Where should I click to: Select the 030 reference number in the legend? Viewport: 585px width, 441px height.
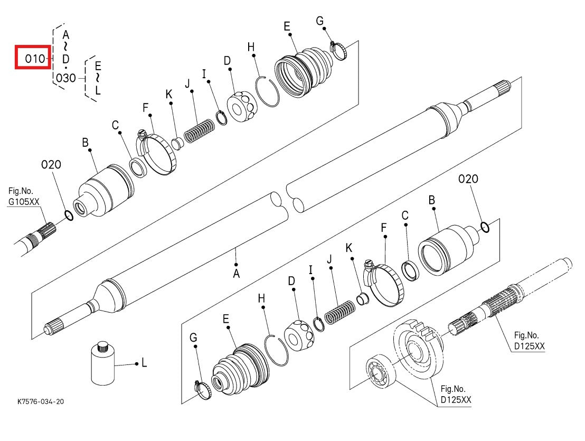point(65,78)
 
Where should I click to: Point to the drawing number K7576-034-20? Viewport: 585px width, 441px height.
point(41,401)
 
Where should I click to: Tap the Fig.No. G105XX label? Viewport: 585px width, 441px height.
point(23,196)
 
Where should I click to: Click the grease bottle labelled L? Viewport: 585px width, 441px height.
point(102,365)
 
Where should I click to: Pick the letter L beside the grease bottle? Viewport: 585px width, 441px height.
point(144,363)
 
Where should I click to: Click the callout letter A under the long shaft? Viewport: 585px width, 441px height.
point(236,274)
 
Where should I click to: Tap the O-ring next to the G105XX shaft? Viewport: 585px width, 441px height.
point(68,215)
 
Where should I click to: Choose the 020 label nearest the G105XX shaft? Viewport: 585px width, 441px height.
point(51,165)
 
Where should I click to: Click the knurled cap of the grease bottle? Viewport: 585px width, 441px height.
point(102,347)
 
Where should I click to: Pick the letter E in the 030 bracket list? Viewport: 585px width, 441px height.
point(98,67)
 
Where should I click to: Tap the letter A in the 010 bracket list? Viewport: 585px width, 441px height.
point(66,35)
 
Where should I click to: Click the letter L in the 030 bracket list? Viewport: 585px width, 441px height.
point(98,90)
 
